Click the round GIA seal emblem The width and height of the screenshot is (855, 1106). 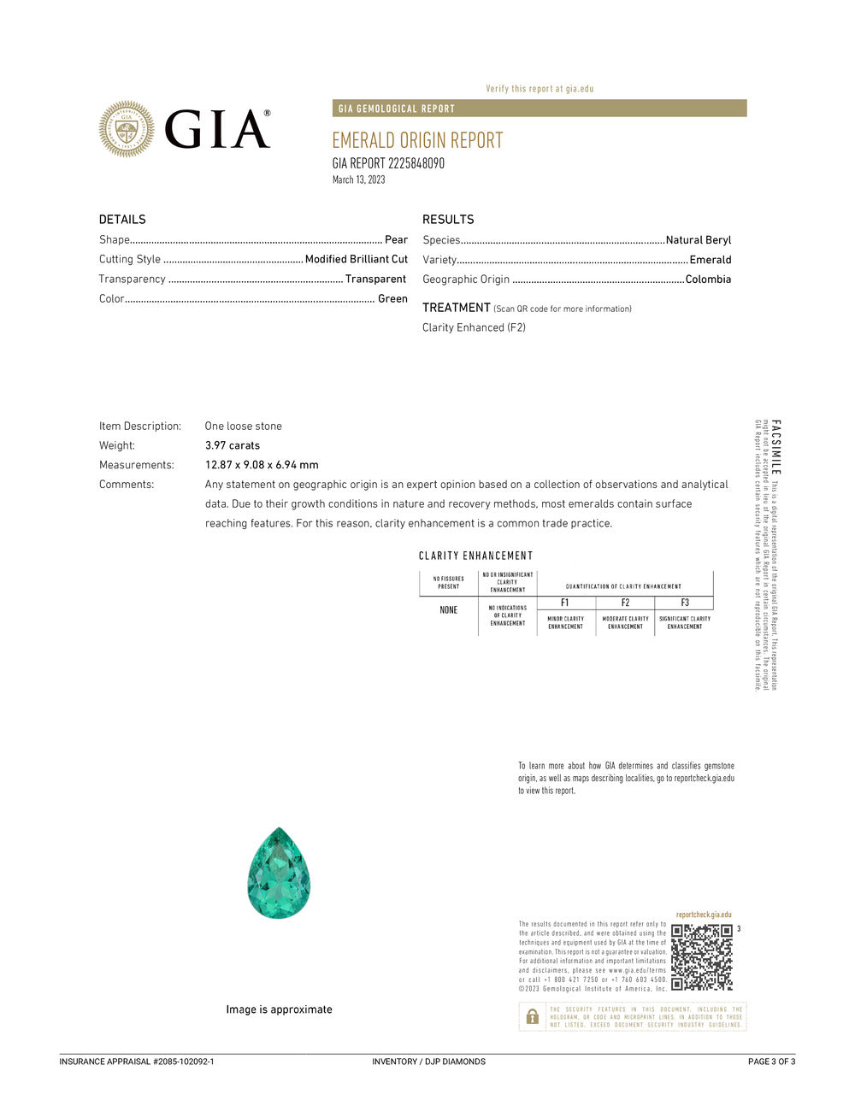(127, 129)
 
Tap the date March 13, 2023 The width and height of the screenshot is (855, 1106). (358, 179)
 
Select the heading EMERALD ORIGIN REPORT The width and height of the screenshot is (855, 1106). (417, 140)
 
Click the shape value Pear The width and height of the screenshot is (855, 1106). (396, 240)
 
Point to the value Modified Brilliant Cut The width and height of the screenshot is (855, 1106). (356, 259)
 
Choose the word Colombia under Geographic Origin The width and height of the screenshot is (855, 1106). (708, 279)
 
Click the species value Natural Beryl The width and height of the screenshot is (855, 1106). (699, 240)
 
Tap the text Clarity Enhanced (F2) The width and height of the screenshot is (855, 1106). (474, 327)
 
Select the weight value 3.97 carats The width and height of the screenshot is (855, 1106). (233, 445)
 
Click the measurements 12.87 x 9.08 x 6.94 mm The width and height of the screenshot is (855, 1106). (262, 465)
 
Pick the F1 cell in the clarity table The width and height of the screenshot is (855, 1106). (565, 603)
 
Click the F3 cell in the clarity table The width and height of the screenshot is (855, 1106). (684, 603)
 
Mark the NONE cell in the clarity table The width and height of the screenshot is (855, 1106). (449, 610)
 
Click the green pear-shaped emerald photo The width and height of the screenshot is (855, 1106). (279, 873)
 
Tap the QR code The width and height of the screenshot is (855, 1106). (702, 956)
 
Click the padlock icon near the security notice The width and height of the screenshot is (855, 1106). (532, 1016)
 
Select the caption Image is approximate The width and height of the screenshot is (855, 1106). (279, 1009)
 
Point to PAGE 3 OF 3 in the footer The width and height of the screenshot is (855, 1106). (771, 1062)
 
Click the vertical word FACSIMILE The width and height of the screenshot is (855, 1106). (775, 448)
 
